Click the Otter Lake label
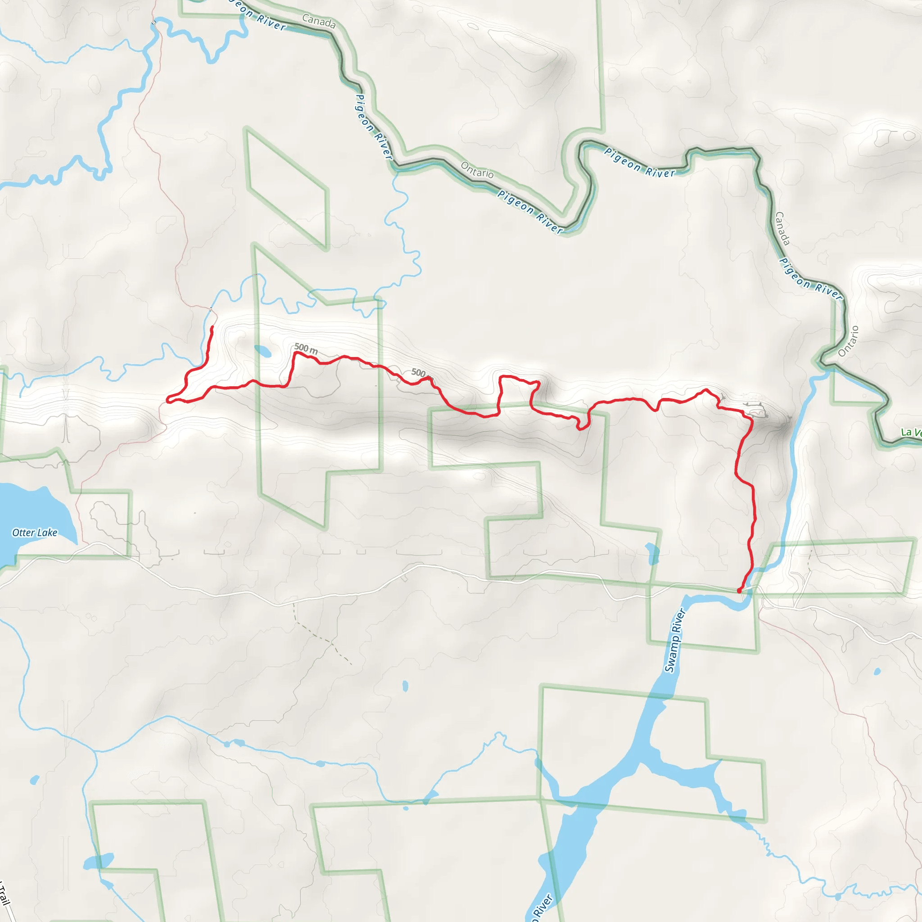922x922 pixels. pos(35,533)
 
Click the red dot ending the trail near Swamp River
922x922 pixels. pos(739,591)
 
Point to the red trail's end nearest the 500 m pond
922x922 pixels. pos(212,327)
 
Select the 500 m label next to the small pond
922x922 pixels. pos(306,348)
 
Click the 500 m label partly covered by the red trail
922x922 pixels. pos(419,372)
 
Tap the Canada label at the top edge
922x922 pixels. pos(319,21)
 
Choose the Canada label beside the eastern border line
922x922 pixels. pos(782,228)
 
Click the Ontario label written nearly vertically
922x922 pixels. pos(848,341)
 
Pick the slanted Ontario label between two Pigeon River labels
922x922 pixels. pos(477,170)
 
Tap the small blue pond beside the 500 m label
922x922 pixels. pos(263,351)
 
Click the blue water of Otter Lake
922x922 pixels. pos(29,511)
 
